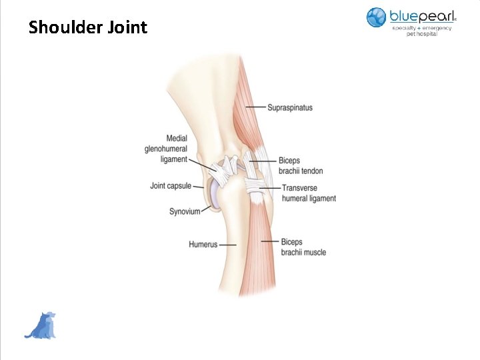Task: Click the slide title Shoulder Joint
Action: pyautogui.click(x=87, y=27)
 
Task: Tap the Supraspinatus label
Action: pyautogui.click(x=289, y=107)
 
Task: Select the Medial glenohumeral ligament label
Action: pyautogui.click(x=166, y=149)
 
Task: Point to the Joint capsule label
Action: pyautogui.click(x=171, y=186)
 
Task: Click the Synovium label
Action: pyautogui.click(x=185, y=211)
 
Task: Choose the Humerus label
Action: pyautogui.click(x=203, y=245)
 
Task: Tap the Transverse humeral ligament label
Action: pyautogui.click(x=308, y=193)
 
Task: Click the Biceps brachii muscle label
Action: pyautogui.click(x=303, y=247)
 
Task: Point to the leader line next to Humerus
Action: pyautogui.click(x=227, y=245)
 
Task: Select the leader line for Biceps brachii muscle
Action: pyautogui.click(x=269, y=241)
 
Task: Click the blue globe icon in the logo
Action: pyautogui.click(x=376, y=17)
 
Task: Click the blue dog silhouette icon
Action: pyautogui.click(x=41, y=325)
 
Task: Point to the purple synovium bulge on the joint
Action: pyautogui.click(x=214, y=195)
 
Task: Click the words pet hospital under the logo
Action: pyautogui.click(x=421, y=34)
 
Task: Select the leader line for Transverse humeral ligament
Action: pyautogui.click(x=272, y=188)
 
